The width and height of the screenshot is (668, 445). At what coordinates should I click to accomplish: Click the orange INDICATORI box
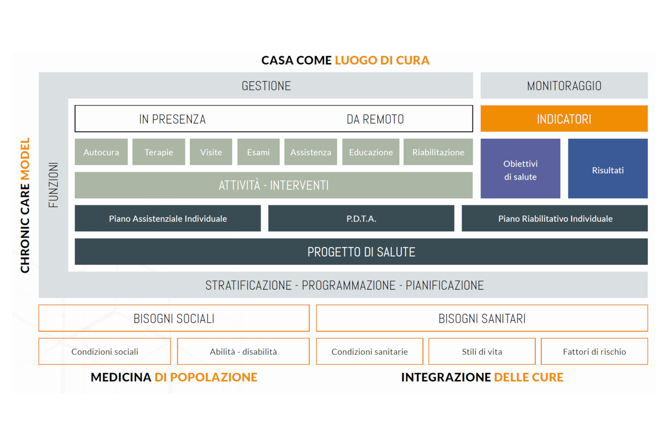(564, 119)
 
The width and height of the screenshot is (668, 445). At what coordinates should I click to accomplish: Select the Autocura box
(101, 152)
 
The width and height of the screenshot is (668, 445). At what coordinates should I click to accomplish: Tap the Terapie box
(159, 152)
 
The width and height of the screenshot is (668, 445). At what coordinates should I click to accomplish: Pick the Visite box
(211, 152)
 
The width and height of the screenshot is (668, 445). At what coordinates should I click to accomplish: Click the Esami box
(258, 152)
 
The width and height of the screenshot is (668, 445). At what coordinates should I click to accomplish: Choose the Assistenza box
(310, 152)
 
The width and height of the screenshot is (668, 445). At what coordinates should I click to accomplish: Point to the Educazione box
(371, 152)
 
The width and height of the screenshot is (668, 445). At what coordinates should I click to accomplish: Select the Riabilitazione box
(438, 152)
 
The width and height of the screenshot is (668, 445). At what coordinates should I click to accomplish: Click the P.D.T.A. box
(361, 218)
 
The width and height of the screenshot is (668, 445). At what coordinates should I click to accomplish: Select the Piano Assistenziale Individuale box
(168, 218)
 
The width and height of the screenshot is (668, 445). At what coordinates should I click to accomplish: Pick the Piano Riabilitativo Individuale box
(555, 218)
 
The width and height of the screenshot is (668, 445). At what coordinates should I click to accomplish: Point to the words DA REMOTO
(375, 119)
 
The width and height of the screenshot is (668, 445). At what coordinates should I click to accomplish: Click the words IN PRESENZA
(172, 119)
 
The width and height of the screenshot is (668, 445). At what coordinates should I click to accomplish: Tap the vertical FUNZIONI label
(53, 185)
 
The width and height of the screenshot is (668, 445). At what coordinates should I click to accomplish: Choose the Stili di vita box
(482, 351)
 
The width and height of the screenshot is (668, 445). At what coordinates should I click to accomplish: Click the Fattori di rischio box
(594, 351)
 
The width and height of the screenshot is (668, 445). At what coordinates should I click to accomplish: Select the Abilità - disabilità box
(243, 351)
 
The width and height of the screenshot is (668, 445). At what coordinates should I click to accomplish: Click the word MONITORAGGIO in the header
(564, 86)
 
